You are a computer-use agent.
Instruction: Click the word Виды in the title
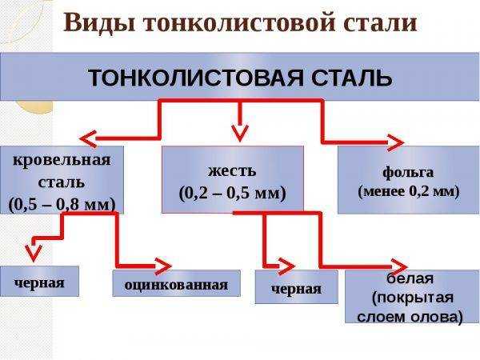(x=99, y=23)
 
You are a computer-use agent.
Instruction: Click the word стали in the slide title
(x=380, y=23)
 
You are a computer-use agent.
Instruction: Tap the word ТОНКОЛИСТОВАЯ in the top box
(x=196, y=78)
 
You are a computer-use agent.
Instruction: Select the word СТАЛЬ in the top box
(x=351, y=78)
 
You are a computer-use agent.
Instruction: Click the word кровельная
(x=62, y=160)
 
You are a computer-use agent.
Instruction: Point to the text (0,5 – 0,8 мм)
(x=62, y=205)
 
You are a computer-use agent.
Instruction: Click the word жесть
(x=232, y=171)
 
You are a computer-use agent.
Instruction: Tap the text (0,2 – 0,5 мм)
(x=232, y=194)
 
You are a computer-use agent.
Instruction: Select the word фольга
(x=408, y=173)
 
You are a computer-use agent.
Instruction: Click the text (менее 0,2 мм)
(x=409, y=192)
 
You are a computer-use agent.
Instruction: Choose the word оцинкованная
(x=176, y=286)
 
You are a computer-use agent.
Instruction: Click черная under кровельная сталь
(x=39, y=282)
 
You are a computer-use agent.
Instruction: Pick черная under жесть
(x=296, y=289)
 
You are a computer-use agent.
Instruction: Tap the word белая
(x=410, y=279)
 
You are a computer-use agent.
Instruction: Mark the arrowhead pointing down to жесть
(x=240, y=133)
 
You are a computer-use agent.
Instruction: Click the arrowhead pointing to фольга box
(x=395, y=142)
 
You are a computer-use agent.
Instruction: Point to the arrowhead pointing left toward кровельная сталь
(x=88, y=139)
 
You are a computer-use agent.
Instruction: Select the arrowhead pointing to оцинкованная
(x=163, y=266)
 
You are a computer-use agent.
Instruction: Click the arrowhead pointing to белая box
(x=399, y=267)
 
